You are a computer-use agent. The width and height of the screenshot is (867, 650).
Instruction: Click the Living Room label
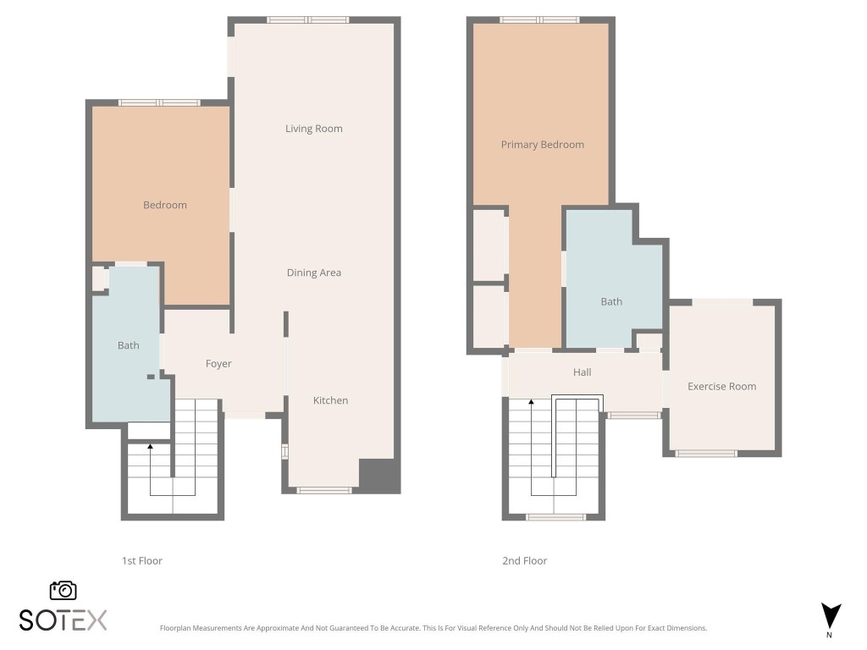coord(313,129)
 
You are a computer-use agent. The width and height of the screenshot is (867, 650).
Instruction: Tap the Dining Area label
coord(313,273)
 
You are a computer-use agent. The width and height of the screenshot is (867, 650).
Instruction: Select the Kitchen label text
coord(330,400)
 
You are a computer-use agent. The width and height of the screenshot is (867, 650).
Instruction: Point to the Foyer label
coord(218,364)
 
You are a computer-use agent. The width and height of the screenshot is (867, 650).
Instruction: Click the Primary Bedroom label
coord(542,145)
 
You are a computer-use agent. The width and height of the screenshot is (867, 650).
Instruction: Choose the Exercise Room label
coord(721,387)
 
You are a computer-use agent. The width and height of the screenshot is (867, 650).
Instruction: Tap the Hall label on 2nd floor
coord(582,372)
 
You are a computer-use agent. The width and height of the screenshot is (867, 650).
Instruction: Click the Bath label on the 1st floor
coord(128,345)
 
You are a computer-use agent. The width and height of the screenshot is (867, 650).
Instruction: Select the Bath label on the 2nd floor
coord(611,301)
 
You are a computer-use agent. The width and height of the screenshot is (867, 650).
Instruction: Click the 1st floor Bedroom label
coord(164,205)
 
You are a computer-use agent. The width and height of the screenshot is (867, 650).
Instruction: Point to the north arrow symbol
coord(831,616)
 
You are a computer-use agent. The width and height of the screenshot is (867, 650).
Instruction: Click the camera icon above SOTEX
coord(64,590)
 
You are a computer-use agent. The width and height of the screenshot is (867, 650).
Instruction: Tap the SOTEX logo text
coord(64,620)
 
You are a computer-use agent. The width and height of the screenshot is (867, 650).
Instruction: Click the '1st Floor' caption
coord(141,561)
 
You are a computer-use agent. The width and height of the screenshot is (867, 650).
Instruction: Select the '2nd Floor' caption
coord(525,561)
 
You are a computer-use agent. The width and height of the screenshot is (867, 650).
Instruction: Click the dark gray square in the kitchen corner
coord(378,476)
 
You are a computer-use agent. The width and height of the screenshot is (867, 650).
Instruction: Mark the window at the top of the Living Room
coord(307,19)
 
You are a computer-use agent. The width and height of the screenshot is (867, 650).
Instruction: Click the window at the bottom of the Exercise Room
coord(705,454)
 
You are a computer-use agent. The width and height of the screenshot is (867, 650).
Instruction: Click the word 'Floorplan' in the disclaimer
coord(179,629)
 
